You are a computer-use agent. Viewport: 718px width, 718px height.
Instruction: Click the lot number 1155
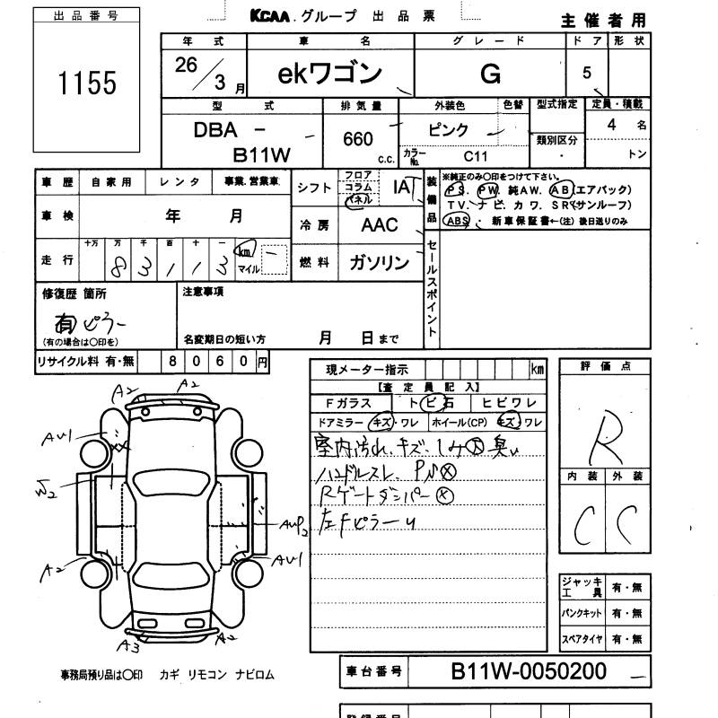(87, 83)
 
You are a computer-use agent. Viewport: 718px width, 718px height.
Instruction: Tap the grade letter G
(490, 74)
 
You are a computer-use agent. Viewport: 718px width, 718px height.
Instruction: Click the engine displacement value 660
(359, 140)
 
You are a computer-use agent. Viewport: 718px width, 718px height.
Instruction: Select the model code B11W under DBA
(262, 154)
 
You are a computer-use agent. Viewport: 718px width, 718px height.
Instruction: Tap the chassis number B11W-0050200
(529, 671)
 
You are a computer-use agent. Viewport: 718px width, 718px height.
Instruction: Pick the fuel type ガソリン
(378, 262)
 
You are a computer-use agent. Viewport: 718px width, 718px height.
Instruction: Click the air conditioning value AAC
(379, 224)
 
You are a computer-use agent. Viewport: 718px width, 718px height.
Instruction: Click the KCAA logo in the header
(273, 16)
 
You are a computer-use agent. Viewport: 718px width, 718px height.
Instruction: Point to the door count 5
(587, 73)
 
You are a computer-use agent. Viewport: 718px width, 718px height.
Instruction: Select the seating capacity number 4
(611, 126)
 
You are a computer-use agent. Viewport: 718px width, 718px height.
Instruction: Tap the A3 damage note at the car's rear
(131, 644)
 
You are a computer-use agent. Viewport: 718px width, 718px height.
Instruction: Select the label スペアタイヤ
(582, 639)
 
